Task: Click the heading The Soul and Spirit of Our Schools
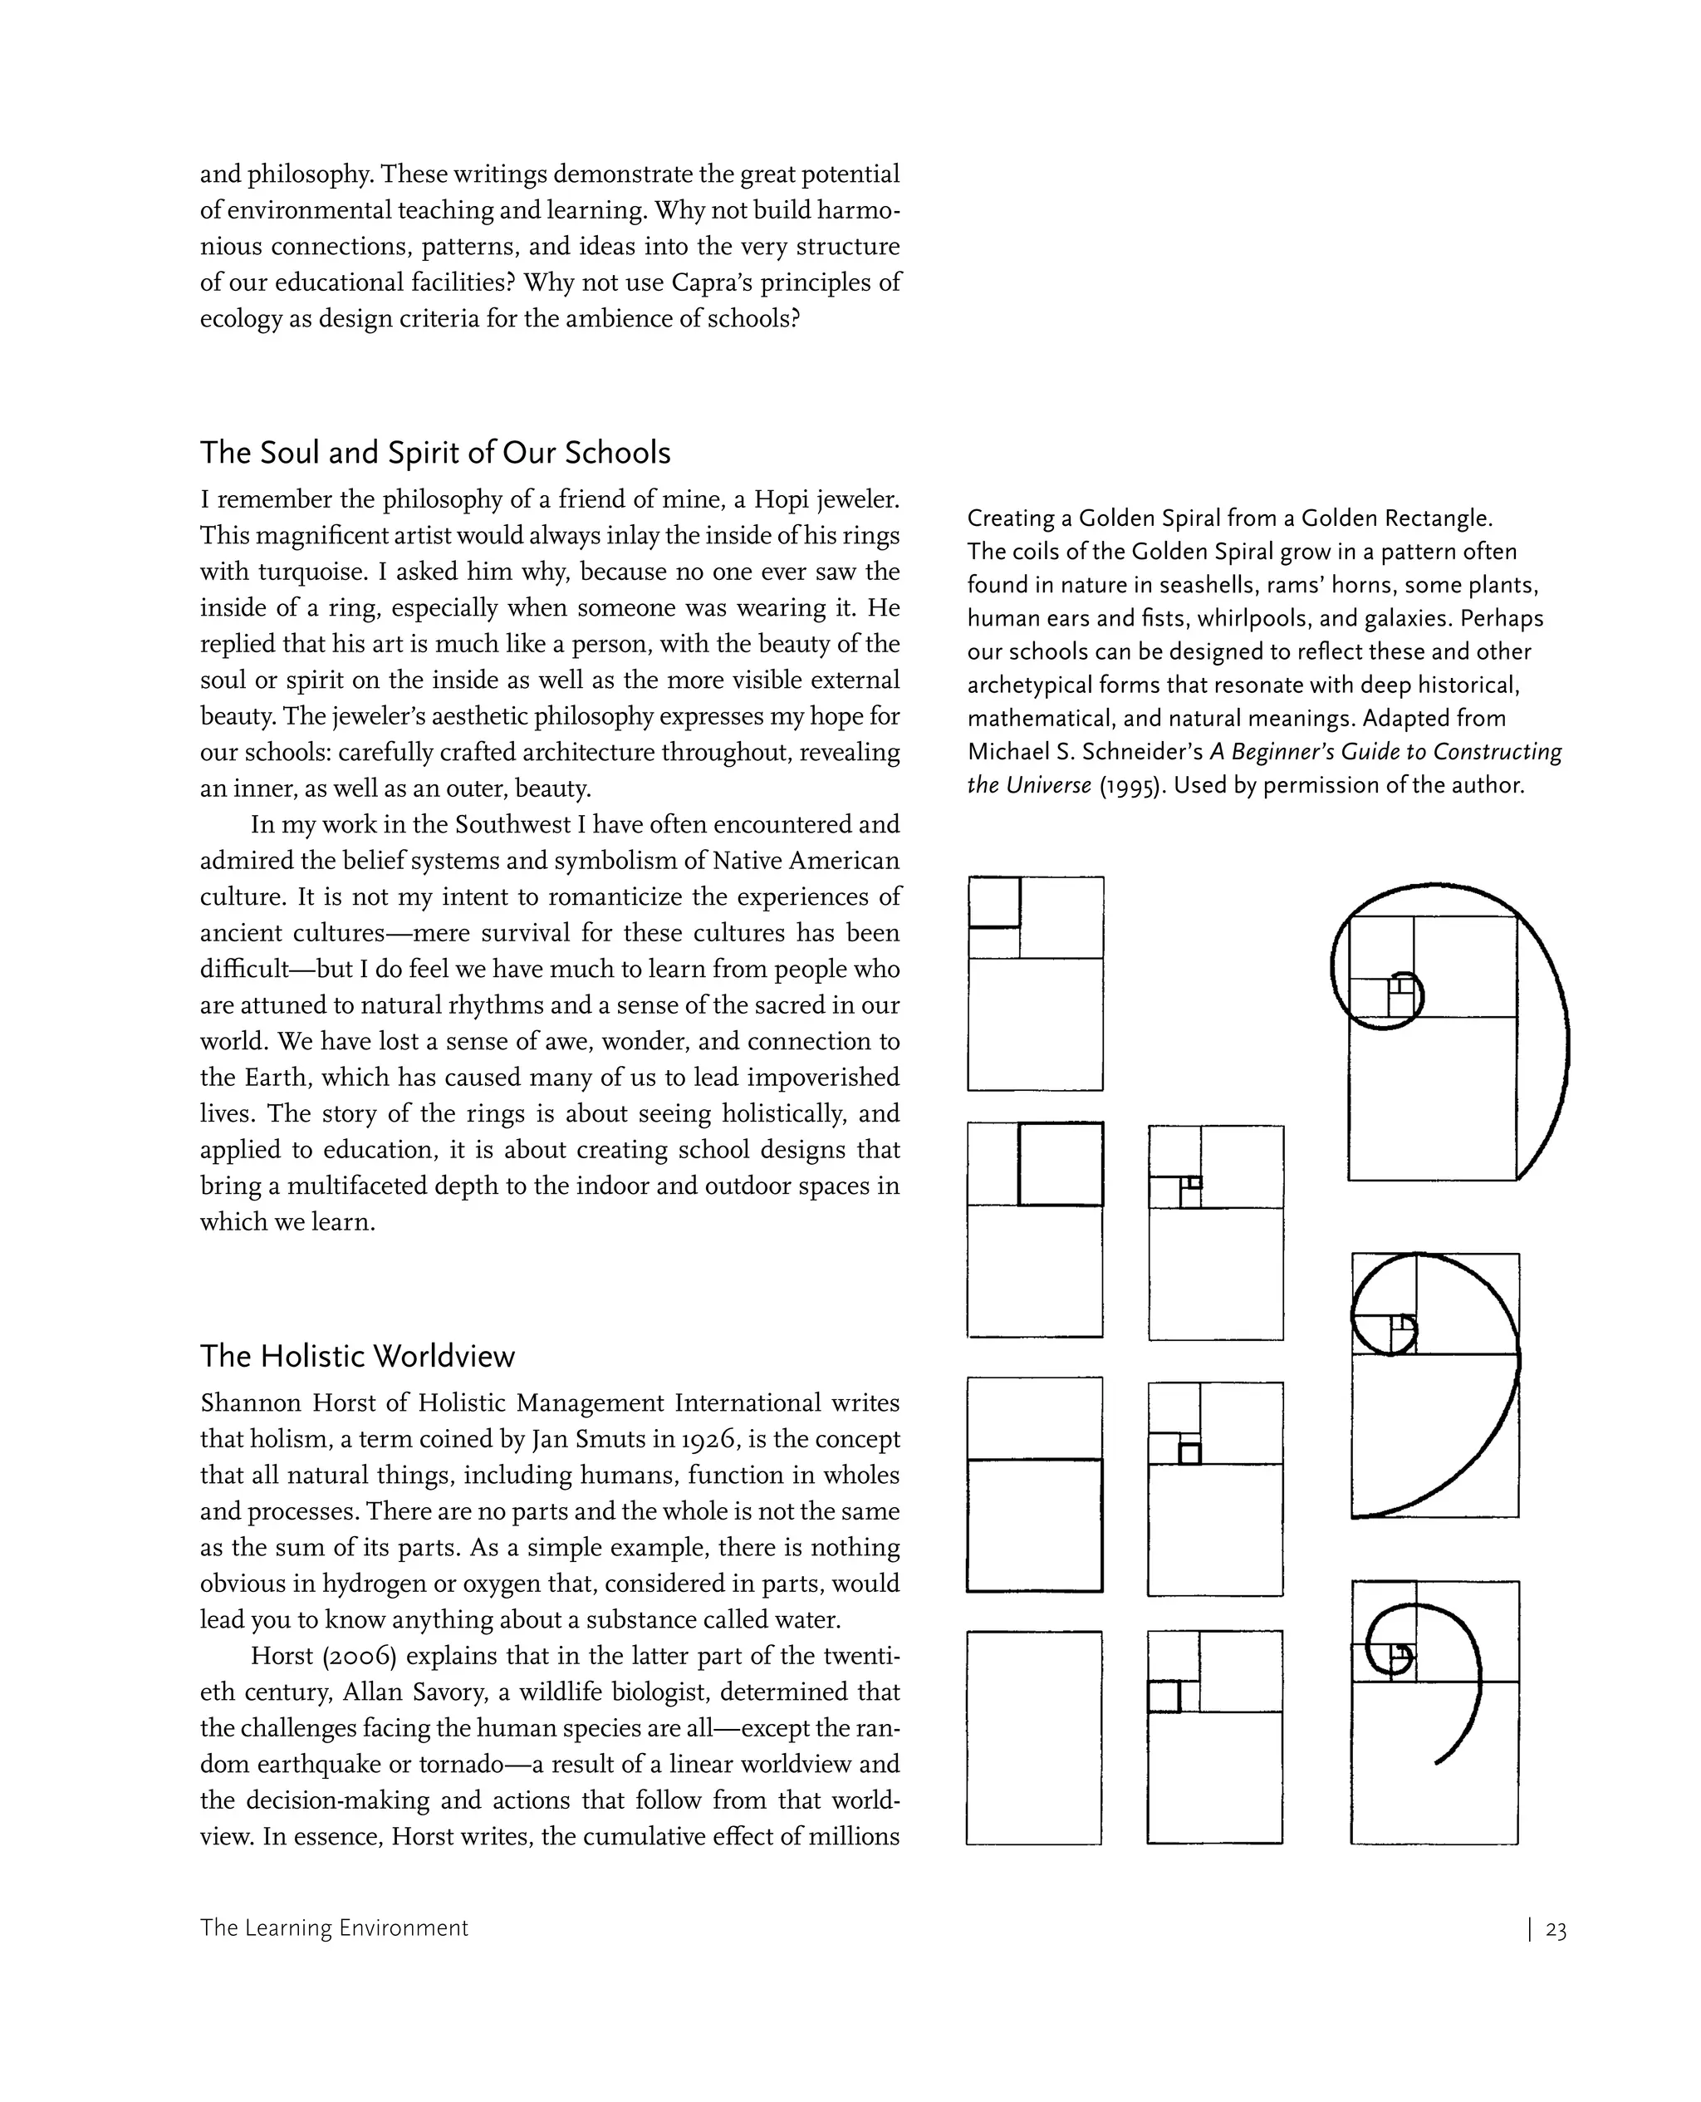point(435,454)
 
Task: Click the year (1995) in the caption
point(1132,786)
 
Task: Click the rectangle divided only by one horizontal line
point(1034,1485)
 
